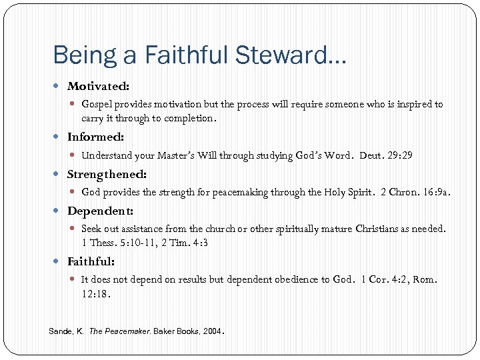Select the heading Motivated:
[99, 86]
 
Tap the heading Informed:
[95, 137]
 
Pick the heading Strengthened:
[107, 174]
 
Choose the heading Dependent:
[100, 211]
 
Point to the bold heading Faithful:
[91, 261]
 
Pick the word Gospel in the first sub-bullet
[97, 104]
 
